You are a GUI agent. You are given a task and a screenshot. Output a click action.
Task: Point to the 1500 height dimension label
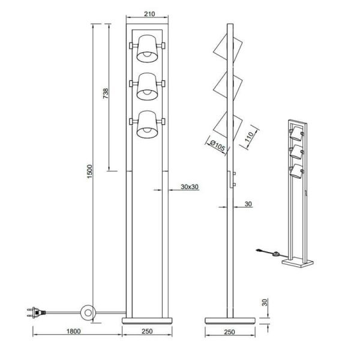tap(90, 174)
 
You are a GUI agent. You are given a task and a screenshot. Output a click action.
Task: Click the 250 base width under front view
tap(147, 330)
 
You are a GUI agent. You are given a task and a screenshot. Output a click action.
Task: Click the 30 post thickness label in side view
tap(248, 204)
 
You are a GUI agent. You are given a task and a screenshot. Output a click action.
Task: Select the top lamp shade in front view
tap(147, 49)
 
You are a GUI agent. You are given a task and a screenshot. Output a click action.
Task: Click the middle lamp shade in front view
tap(147, 86)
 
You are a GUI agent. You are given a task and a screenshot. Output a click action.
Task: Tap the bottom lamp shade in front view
tap(147, 124)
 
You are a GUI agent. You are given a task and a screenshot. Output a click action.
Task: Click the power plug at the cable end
tap(34, 311)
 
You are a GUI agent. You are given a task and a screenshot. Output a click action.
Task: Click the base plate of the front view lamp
tap(147, 319)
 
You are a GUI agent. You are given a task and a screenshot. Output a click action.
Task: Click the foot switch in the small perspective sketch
tap(275, 254)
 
